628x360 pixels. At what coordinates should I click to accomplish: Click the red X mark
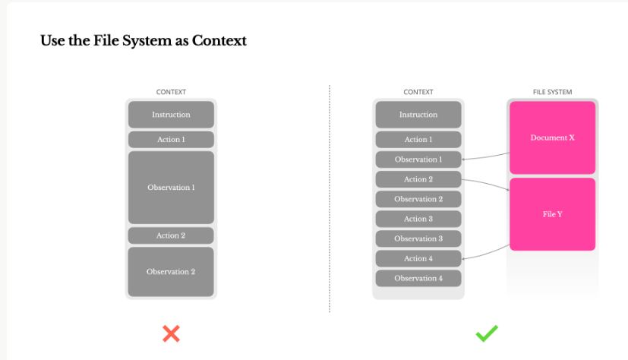171,333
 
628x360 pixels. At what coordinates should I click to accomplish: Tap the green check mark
487,333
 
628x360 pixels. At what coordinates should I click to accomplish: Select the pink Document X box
552,137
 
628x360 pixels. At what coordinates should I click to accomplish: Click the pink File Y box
552,214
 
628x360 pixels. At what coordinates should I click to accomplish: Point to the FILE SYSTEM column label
552,92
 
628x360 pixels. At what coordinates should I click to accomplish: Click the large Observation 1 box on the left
171,188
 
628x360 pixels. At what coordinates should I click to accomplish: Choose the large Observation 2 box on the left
171,272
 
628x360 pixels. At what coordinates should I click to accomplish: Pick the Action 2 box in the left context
171,235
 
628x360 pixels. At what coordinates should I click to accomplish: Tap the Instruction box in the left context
171,115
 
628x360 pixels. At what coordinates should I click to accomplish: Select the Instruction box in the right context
418,115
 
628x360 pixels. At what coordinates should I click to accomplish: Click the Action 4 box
418,259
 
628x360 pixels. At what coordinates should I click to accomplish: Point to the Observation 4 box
418,278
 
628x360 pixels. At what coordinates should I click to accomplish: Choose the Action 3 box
418,219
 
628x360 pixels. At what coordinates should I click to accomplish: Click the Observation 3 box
418,238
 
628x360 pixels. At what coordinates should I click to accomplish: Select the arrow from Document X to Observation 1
485,157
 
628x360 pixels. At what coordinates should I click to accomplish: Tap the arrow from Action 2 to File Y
486,182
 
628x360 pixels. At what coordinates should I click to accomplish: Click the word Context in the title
219,40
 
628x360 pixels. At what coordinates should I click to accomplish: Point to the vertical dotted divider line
330,199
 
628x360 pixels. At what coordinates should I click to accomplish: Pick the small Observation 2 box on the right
418,199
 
